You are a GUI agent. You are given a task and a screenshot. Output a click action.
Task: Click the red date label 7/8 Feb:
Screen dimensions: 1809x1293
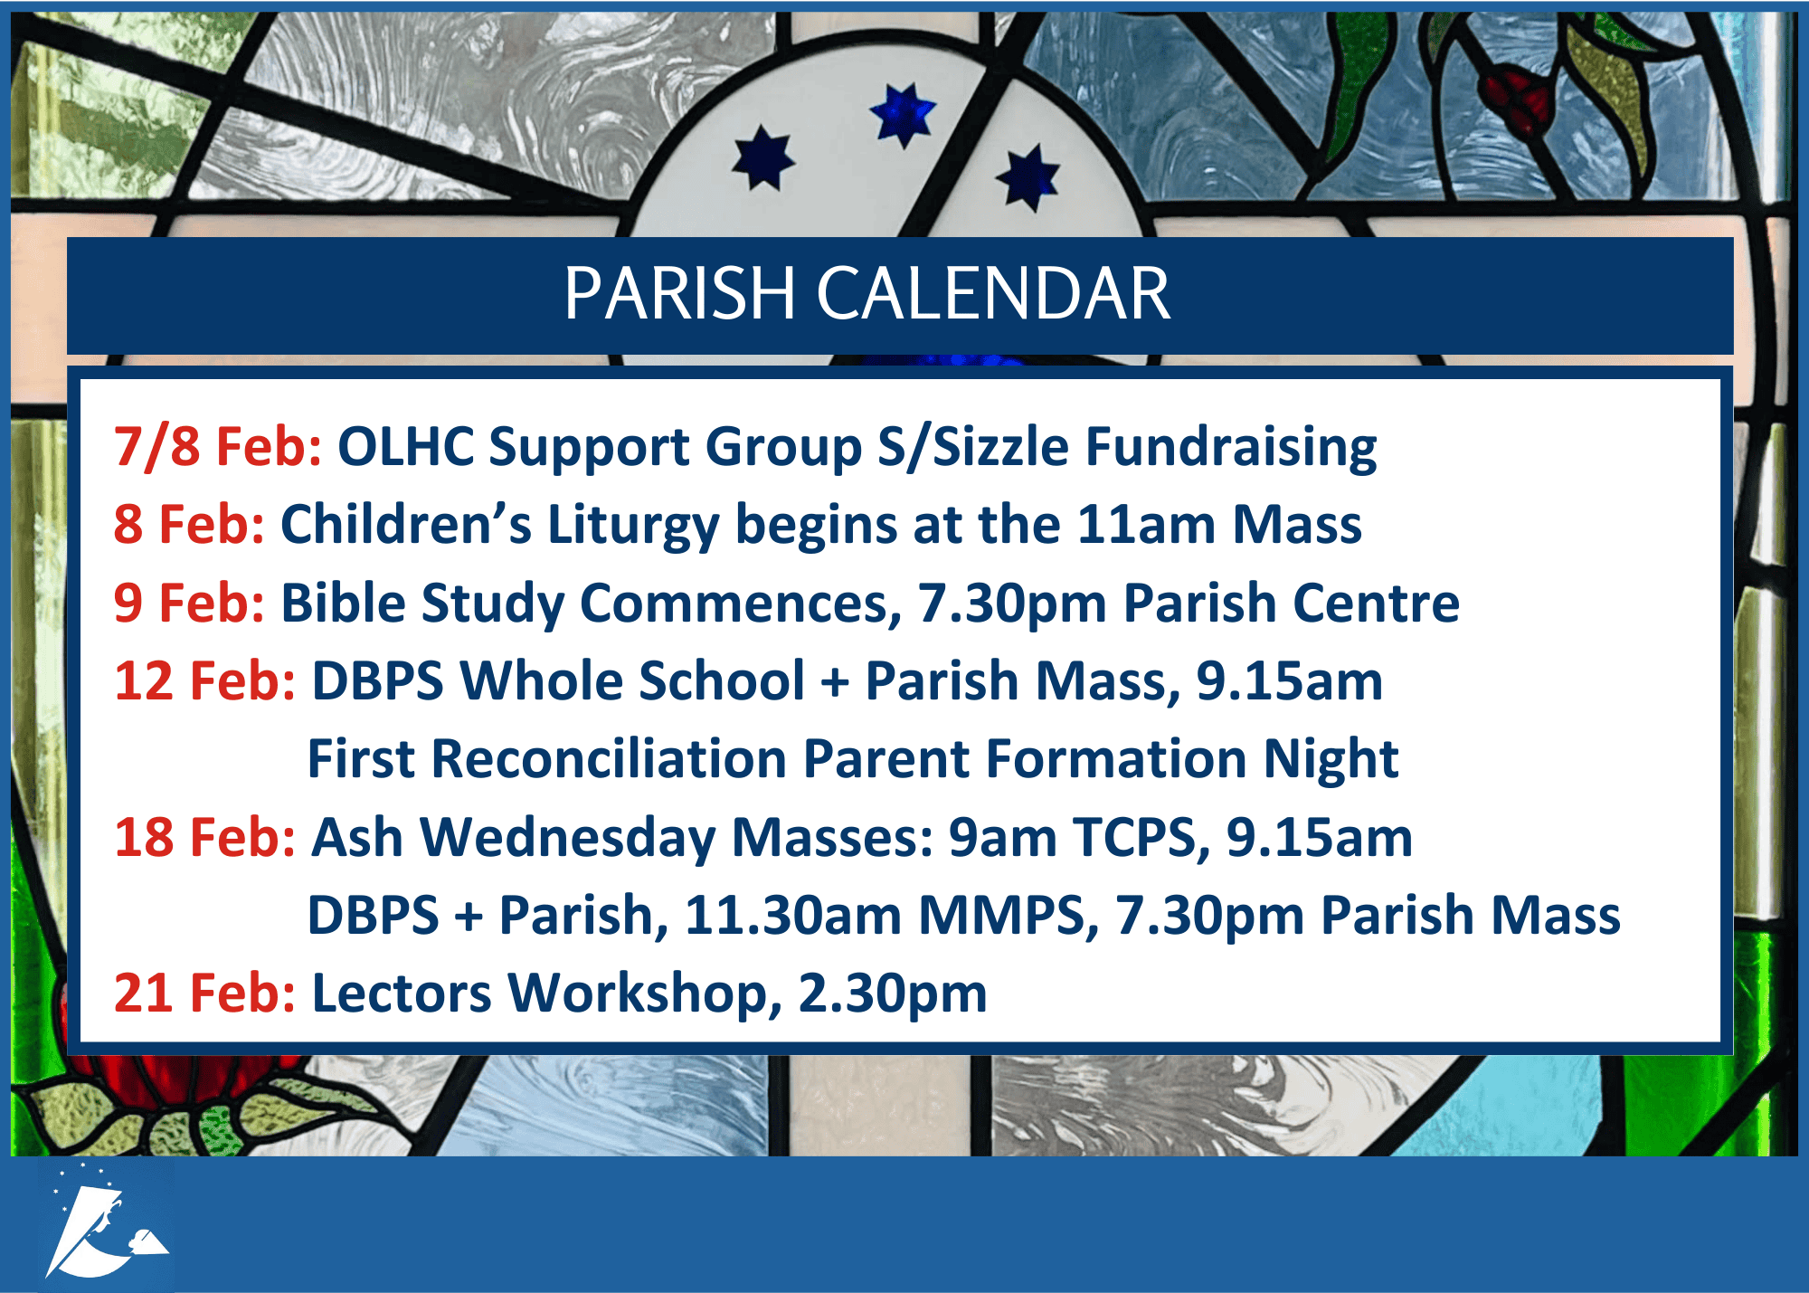pos(218,447)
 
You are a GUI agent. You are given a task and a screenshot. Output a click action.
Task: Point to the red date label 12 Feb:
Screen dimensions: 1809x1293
pos(205,680)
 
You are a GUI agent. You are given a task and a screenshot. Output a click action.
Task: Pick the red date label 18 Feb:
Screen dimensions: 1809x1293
pos(205,837)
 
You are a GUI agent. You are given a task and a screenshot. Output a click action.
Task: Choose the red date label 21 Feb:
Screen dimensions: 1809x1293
pos(205,993)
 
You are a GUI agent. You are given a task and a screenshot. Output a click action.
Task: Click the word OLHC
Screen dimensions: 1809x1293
pos(406,447)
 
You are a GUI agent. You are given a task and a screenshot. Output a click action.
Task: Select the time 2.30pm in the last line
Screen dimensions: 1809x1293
pos(892,994)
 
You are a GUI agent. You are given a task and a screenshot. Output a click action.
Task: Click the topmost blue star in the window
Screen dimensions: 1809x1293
pos(903,115)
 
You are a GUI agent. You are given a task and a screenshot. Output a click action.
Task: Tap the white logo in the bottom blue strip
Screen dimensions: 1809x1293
pos(105,1222)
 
